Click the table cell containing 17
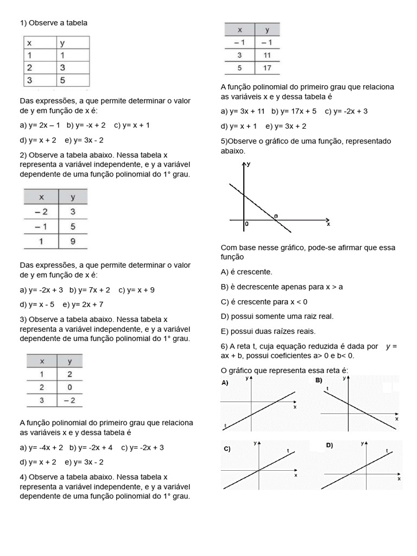267,68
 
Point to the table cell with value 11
267,55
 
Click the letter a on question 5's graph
276,216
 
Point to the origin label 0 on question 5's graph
247,224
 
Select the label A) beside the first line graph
225,383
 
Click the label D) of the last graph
329,445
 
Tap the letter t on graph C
288,450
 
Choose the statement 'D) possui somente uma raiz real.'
277,316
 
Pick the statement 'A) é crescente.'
247,271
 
